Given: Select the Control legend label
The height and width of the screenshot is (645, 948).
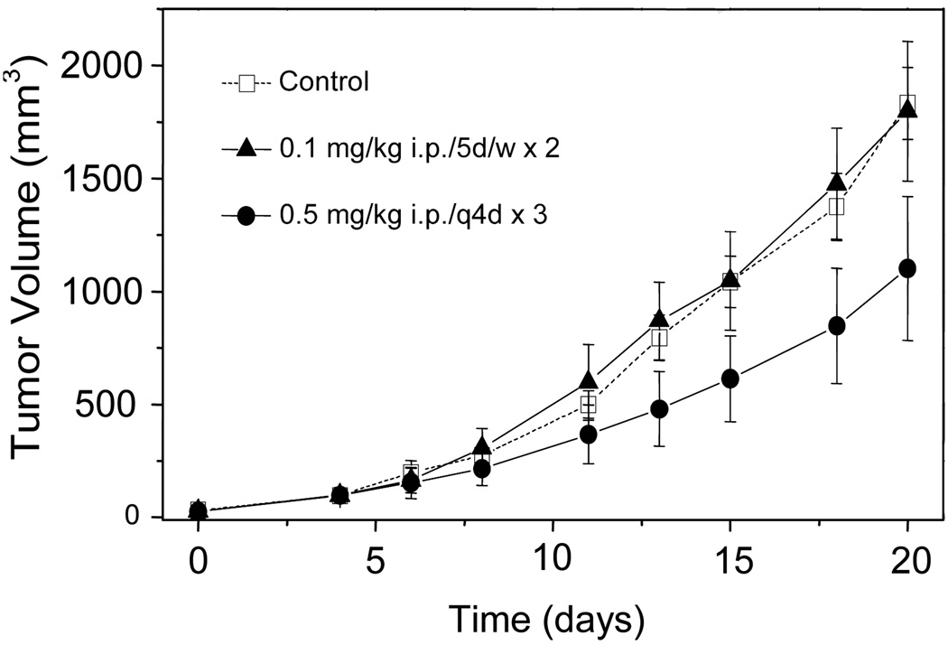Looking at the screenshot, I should [324, 82].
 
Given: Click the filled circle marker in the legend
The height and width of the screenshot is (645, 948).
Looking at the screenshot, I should [246, 216].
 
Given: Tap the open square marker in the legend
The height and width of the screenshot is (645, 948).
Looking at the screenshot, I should [246, 83].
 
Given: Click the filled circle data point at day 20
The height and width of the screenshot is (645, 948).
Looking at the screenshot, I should [907, 268].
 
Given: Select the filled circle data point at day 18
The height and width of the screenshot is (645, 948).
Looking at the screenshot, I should [836, 325].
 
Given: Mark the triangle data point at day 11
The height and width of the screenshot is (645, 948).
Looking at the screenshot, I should [588, 380].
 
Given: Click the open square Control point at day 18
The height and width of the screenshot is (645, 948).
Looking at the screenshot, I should [836, 206].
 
